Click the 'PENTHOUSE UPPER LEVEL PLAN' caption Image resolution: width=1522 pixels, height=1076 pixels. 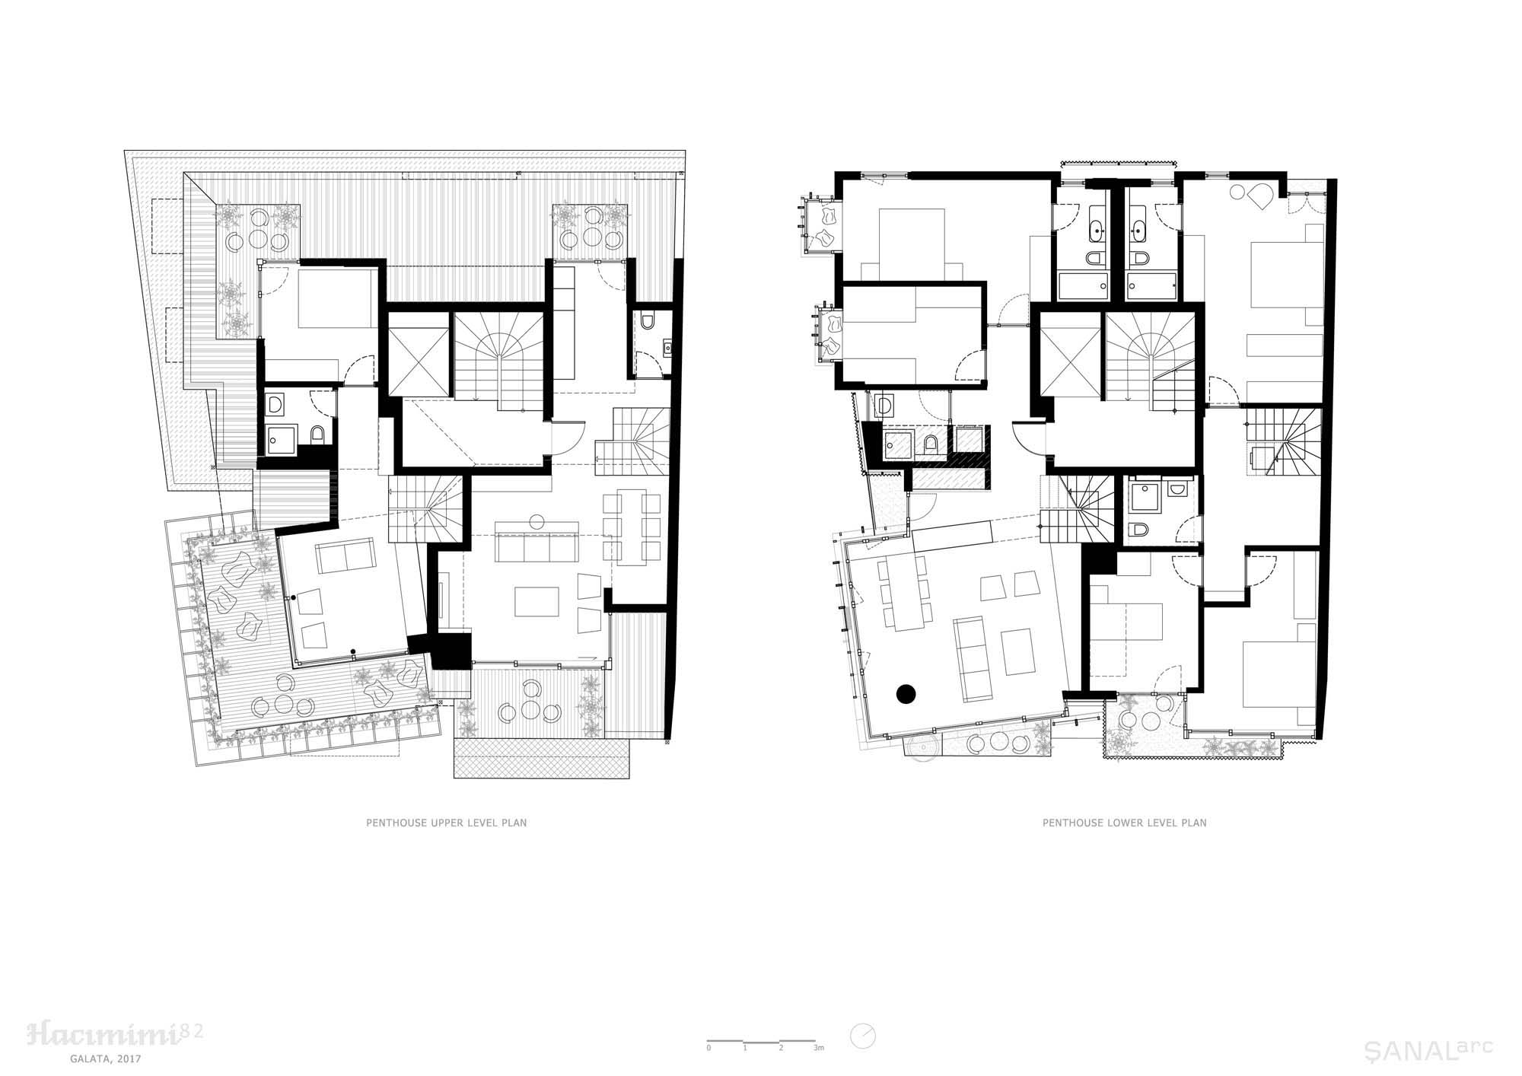point(447,823)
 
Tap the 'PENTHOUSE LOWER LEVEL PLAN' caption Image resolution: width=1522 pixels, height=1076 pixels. point(1124,823)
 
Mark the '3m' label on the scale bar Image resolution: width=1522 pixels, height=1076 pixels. point(819,1048)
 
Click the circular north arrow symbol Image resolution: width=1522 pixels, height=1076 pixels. point(864,1035)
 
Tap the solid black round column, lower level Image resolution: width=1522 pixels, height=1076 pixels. point(906,693)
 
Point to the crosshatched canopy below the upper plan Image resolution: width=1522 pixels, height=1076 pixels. point(542,758)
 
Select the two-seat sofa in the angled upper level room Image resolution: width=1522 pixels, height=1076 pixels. point(345,556)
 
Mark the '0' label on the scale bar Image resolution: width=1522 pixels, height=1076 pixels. point(708,1048)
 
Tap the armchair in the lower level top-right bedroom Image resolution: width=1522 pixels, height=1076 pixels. point(1262,196)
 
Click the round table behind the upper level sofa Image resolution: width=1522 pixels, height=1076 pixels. point(536,522)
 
